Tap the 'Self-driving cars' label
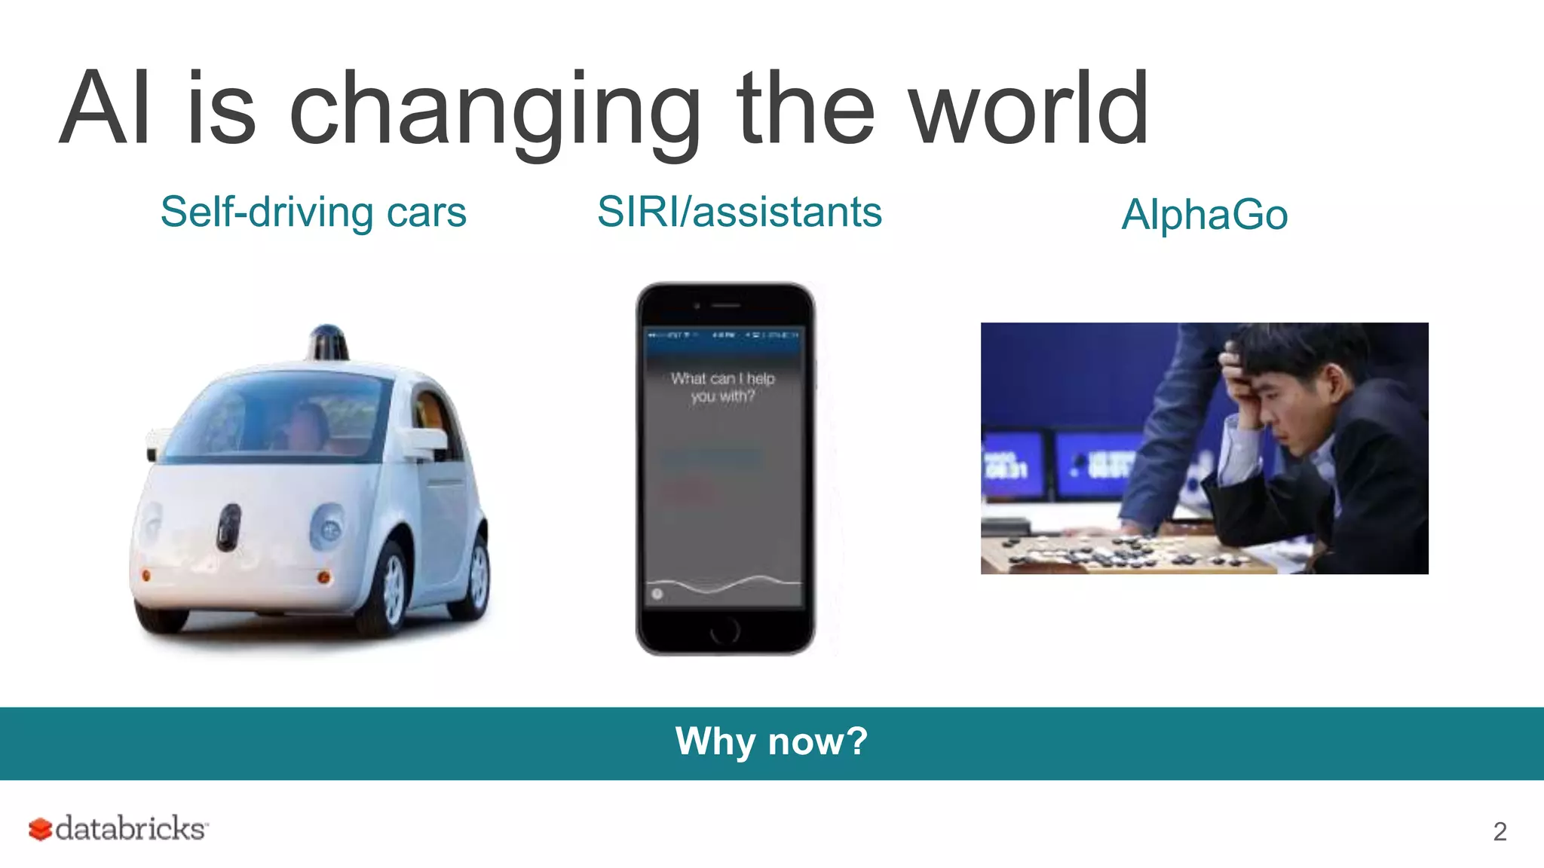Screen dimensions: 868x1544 click(313, 212)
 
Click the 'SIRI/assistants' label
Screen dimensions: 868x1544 click(739, 212)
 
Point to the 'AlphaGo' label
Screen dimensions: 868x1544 click(1204, 215)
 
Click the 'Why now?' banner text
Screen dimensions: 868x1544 click(771, 741)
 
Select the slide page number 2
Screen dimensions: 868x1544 click(1500, 831)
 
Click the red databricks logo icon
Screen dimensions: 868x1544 click(40, 829)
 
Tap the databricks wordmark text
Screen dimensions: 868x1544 click(130, 828)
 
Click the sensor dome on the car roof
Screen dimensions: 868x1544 click(328, 343)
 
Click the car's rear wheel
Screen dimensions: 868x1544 click(478, 576)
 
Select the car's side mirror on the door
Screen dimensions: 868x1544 click(422, 444)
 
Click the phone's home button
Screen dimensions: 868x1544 click(725, 630)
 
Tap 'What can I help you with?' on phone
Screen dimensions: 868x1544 click(722, 387)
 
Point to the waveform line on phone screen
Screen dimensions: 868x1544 click(724, 584)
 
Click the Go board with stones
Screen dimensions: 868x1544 click(1123, 556)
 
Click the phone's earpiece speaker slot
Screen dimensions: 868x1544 click(726, 305)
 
